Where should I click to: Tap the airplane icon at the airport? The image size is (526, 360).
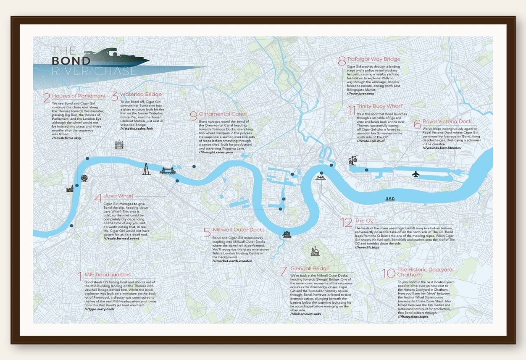click(x=416, y=174)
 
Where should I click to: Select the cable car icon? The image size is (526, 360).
click(x=352, y=160)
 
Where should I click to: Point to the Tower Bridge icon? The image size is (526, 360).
click(x=168, y=171)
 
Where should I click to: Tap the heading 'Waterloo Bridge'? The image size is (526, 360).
click(x=141, y=95)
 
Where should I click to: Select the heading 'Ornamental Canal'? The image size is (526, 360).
click(x=223, y=114)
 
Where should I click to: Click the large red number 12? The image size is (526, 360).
click(x=346, y=222)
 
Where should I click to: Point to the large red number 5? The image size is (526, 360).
click(x=207, y=232)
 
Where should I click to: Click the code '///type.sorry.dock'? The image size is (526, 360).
click(x=99, y=309)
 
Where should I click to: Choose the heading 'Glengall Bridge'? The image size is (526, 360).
click(x=310, y=268)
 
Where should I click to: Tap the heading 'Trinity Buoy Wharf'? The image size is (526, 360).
click(x=379, y=106)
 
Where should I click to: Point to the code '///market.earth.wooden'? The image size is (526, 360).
click(x=233, y=261)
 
